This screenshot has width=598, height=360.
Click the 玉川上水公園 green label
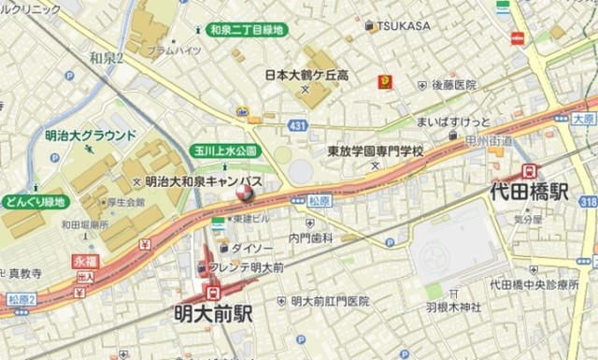[x=224, y=151]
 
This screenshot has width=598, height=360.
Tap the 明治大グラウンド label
[x=91, y=136]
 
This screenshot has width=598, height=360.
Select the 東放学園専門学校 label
[x=376, y=151]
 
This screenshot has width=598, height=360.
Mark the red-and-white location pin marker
[x=245, y=193]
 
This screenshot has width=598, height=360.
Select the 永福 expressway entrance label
[x=85, y=264]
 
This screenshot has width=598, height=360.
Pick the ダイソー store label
[x=251, y=248]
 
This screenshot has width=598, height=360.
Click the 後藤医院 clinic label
[x=454, y=84]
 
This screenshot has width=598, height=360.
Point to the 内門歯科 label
[x=311, y=238]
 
